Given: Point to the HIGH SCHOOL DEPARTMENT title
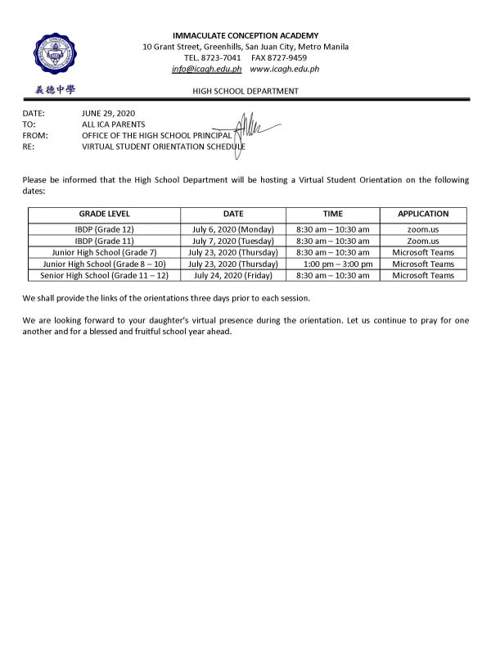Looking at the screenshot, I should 245,91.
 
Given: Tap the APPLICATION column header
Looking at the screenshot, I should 422,213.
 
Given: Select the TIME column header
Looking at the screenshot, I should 332,213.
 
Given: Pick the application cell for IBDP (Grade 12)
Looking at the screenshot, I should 422,229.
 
